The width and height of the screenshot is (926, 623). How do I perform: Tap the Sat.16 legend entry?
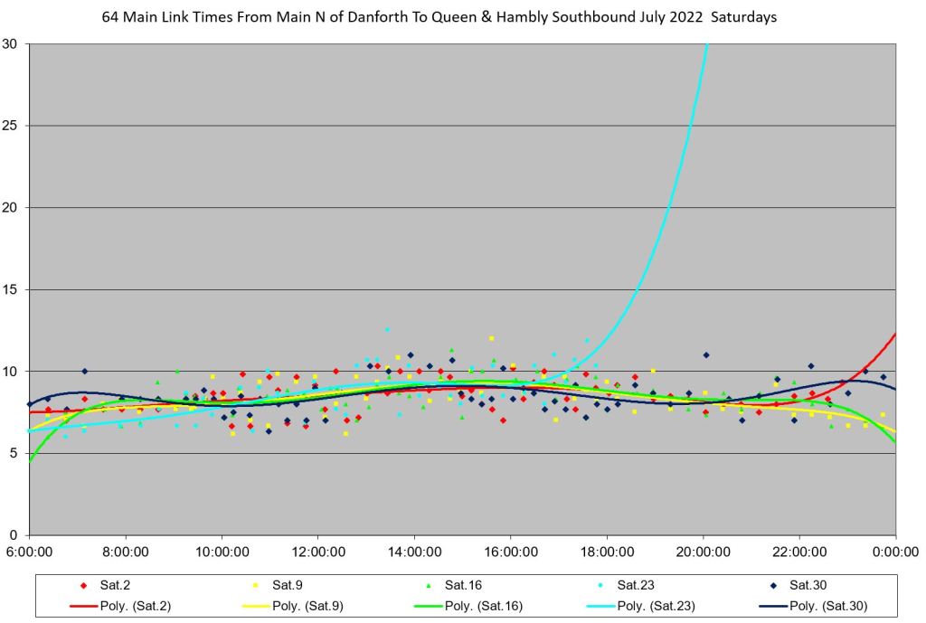pyautogui.click(x=467, y=585)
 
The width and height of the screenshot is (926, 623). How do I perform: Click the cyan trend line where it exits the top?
pyautogui.click(x=706, y=45)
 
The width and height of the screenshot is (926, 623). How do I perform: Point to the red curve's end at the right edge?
pyautogui.click(x=895, y=335)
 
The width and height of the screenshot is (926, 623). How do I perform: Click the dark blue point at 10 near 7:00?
pyautogui.click(x=84, y=371)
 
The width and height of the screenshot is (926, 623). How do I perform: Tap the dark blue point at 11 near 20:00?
pyautogui.click(x=706, y=354)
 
